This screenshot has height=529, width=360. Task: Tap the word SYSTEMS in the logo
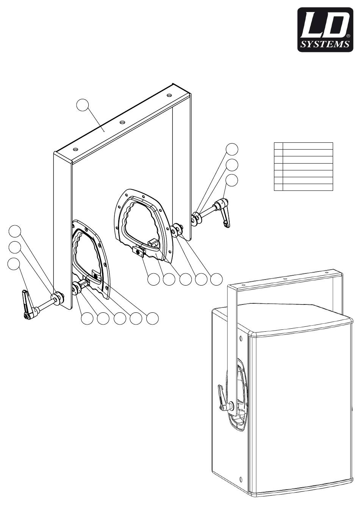(324, 44)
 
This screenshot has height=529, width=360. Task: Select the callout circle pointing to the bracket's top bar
(83, 105)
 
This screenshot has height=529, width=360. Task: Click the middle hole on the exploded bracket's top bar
(122, 122)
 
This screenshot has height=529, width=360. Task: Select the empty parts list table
(303, 166)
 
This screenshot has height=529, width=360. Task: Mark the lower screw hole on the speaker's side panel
(241, 480)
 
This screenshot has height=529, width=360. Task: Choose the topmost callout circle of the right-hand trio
(232, 149)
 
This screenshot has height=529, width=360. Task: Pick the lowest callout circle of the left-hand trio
(14, 264)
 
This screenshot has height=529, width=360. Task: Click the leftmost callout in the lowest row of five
(87, 319)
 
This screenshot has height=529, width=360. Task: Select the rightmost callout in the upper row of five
(216, 279)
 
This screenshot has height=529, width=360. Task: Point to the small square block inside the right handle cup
(153, 243)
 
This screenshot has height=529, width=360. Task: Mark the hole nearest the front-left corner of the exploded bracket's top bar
(75, 149)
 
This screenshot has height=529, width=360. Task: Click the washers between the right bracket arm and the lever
(196, 219)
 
